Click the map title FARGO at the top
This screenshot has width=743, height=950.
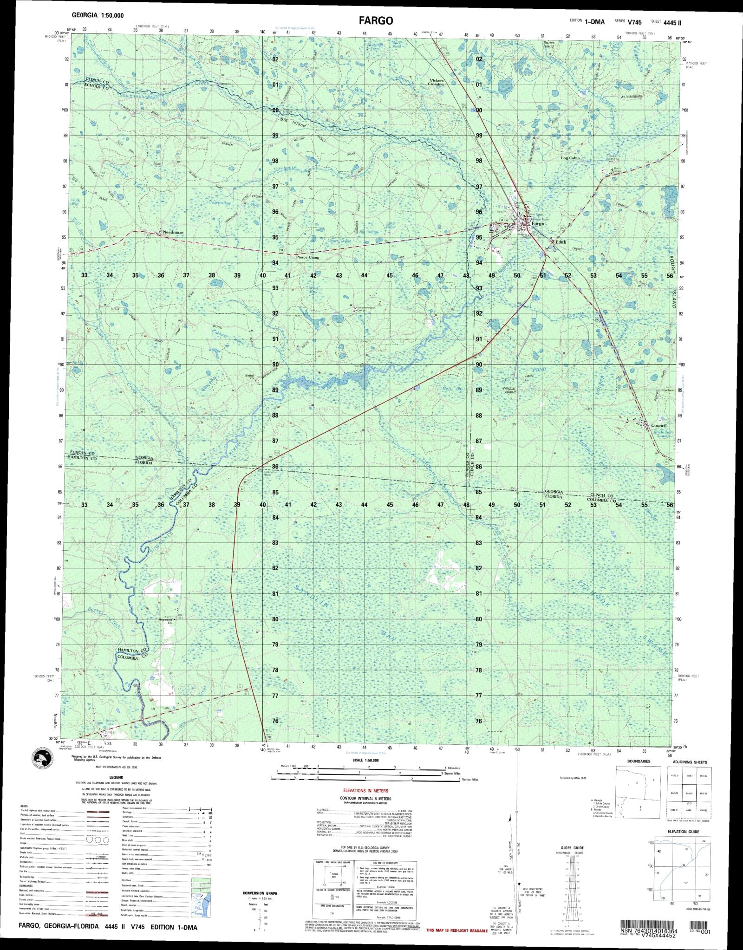click(376, 20)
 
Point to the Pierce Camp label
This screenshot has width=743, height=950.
click(307, 257)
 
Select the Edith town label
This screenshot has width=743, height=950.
click(561, 242)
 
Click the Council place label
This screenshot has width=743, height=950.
click(658, 425)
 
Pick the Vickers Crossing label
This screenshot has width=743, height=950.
click(437, 83)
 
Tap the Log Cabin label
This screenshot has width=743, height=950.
click(570, 158)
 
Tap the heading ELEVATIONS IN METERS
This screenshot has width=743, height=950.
click(365, 790)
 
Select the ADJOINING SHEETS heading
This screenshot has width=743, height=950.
click(691, 762)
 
